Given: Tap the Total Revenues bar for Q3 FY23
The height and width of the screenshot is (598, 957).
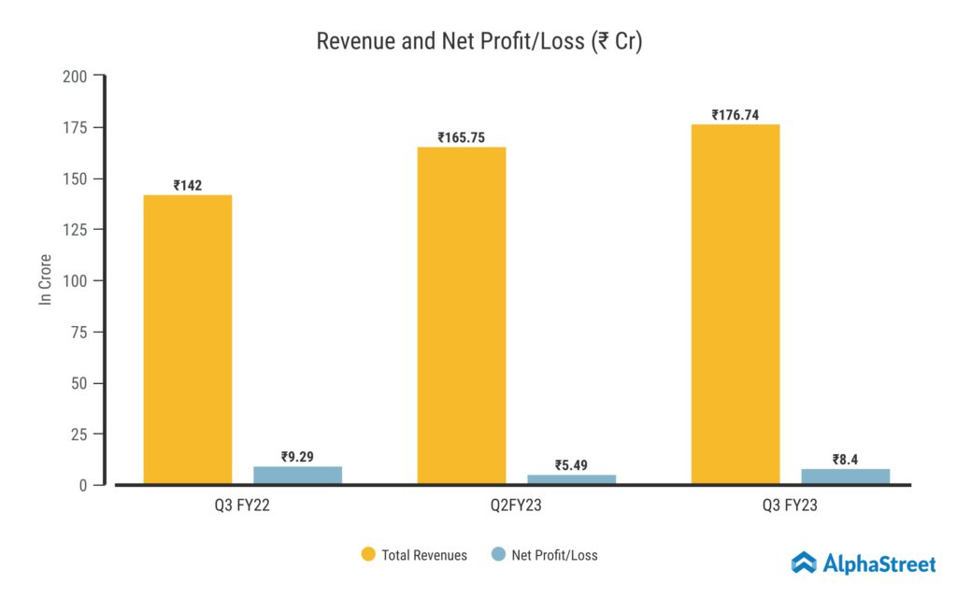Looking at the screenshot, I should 736,305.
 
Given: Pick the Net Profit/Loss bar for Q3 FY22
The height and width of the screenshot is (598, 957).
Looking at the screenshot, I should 297,475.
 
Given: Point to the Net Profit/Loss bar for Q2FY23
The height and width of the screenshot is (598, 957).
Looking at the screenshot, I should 572,479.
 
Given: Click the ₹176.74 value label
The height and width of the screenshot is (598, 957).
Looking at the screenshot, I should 736,115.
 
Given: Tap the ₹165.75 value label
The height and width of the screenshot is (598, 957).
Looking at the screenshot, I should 462,137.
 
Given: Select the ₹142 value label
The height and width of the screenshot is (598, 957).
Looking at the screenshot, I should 188,185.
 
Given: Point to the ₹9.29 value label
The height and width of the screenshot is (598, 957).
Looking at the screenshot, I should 297,457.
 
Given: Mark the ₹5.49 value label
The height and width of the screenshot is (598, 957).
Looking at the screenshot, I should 572,464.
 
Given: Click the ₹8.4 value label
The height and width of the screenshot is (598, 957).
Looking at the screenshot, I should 846,459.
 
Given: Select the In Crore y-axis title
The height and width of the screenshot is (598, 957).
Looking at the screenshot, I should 44,279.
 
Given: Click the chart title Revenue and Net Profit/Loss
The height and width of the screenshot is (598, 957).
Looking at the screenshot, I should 478,41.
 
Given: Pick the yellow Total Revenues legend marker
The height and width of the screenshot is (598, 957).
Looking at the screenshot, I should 368,554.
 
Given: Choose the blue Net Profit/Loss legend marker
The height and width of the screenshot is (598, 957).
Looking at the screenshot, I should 497,554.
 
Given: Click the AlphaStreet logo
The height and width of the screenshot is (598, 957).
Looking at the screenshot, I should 863,562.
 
